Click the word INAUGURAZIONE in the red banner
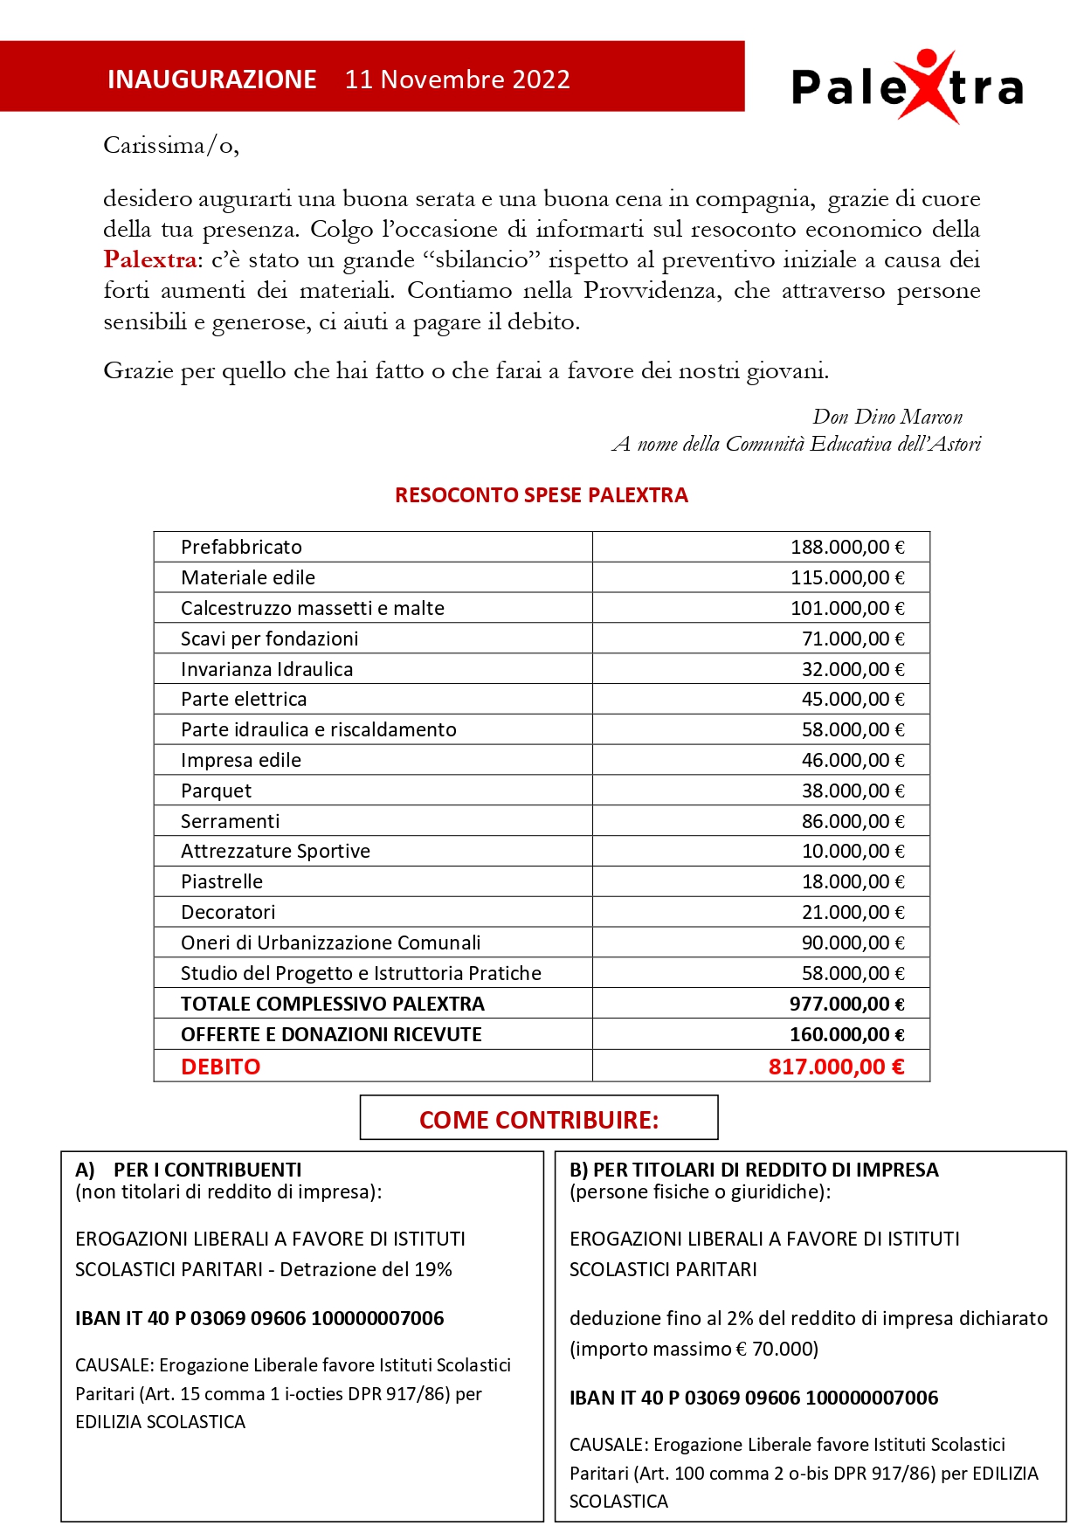point(211,79)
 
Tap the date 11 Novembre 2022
point(457,79)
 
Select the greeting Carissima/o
point(170,145)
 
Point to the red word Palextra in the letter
point(149,259)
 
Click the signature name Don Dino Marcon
point(887,417)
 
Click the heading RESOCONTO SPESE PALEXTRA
point(541,495)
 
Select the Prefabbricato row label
point(241,547)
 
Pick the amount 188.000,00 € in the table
point(846,547)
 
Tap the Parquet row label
point(216,791)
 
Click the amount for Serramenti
point(853,821)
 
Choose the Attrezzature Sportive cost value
point(853,851)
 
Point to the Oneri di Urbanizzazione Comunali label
point(330,943)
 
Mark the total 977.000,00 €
point(846,1004)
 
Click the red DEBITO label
point(220,1067)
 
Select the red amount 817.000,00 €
point(836,1067)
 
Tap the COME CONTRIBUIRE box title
point(538,1120)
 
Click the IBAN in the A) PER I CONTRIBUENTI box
point(259,1318)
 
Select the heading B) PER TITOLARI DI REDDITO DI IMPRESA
point(753,1170)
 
